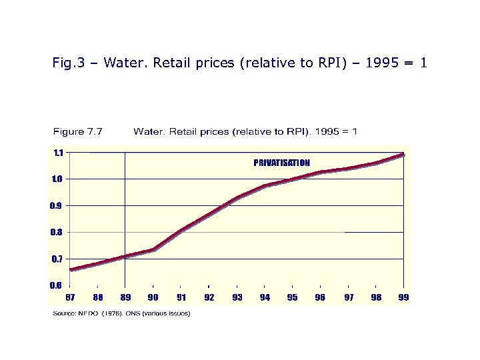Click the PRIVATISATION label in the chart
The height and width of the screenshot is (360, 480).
(x=281, y=163)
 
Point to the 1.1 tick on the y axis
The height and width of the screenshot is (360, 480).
(x=59, y=153)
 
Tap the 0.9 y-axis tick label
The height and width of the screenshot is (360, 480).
(x=57, y=205)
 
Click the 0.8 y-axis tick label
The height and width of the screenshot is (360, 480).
(x=57, y=232)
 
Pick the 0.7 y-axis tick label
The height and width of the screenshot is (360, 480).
(x=57, y=259)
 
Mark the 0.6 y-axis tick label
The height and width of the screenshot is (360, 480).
(x=57, y=285)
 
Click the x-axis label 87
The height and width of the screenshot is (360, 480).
(x=70, y=297)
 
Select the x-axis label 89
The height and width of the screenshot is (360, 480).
(x=125, y=297)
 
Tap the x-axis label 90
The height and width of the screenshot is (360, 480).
(x=153, y=297)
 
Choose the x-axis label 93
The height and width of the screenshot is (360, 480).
(x=237, y=297)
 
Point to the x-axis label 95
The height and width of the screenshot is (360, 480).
(x=292, y=297)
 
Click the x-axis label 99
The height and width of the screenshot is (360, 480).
(x=403, y=297)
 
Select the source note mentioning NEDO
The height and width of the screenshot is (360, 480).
(x=121, y=313)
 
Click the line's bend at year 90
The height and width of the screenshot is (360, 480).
(x=153, y=249)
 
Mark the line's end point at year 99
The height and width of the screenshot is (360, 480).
(x=403, y=155)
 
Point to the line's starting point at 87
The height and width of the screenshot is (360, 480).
(x=71, y=269)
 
